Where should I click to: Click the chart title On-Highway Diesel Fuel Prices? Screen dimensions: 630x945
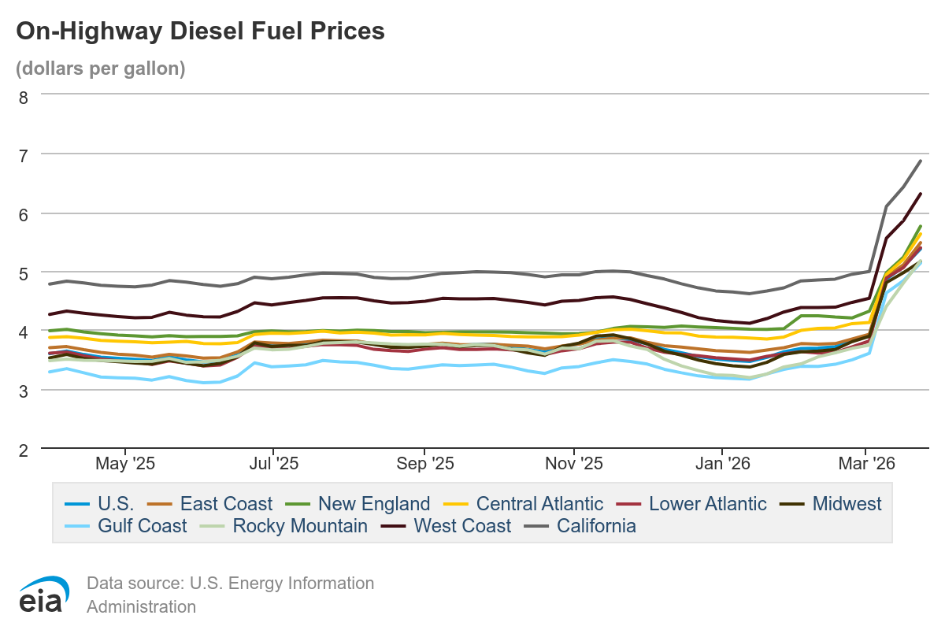[x=200, y=31]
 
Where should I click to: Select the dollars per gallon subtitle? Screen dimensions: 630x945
[x=100, y=69]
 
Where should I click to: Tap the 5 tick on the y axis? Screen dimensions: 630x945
[x=23, y=272]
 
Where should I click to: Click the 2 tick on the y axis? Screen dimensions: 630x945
[x=23, y=450]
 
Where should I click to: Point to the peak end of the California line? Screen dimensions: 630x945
[x=921, y=161]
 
